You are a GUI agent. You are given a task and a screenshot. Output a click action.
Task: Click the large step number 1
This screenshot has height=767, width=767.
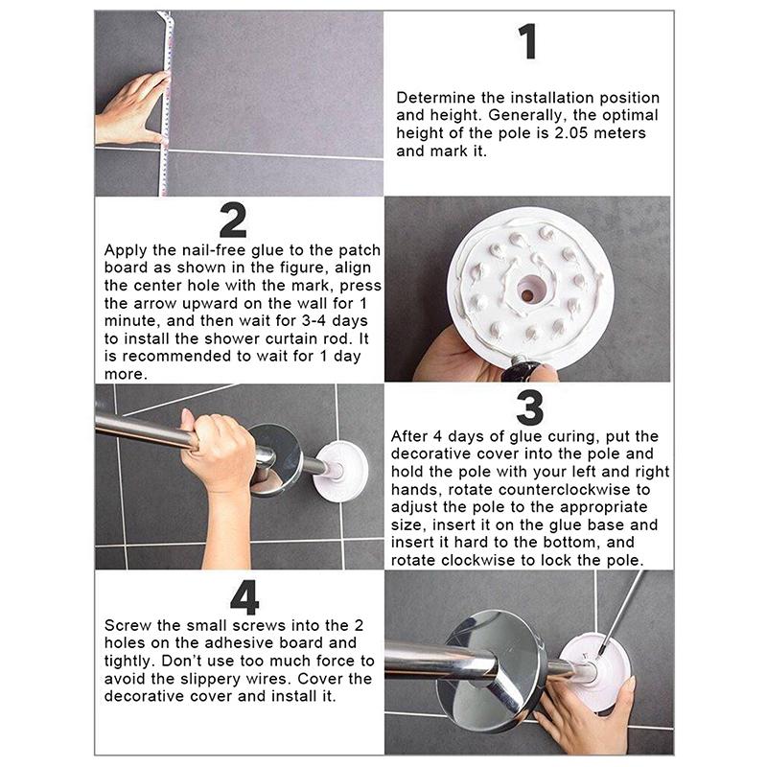(x=528, y=41)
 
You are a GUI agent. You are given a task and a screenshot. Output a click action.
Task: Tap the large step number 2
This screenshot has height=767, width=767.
(x=233, y=221)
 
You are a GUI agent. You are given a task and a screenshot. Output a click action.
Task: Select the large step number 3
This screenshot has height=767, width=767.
(x=530, y=407)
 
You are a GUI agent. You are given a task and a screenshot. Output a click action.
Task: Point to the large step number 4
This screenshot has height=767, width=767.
(x=244, y=597)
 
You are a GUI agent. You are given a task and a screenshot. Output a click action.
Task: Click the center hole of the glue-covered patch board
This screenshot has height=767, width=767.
(x=527, y=295)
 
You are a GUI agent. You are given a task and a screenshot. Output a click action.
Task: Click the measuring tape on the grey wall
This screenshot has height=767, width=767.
(x=164, y=103)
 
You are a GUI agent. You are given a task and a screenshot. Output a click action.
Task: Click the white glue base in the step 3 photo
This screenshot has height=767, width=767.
(x=340, y=471)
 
